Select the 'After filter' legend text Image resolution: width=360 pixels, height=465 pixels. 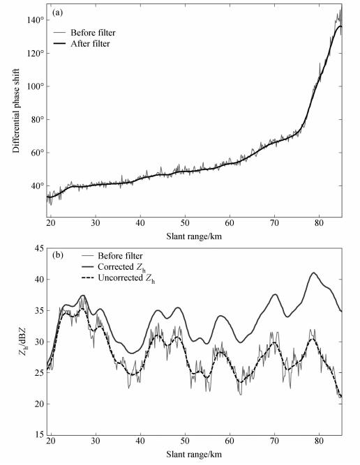[x=90, y=44]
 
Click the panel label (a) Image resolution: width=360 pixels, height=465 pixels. [x=57, y=13]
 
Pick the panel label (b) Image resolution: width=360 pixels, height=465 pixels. [x=58, y=254]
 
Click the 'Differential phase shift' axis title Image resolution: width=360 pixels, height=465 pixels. [x=16, y=111]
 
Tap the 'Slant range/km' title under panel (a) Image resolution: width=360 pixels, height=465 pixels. [x=194, y=236]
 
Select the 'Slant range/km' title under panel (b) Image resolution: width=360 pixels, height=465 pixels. [x=194, y=454]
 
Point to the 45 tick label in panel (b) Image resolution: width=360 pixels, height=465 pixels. [x=39, y=248]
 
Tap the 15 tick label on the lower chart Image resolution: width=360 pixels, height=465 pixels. [x=39, y=435]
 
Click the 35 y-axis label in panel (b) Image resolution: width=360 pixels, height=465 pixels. [x=39, y=310]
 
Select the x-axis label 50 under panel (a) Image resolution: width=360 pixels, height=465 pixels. [x=185, y=223]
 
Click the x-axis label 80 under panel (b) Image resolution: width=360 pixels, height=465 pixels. [x=319, y=441]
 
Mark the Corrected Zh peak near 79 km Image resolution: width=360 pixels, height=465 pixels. [x=314, y=273]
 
